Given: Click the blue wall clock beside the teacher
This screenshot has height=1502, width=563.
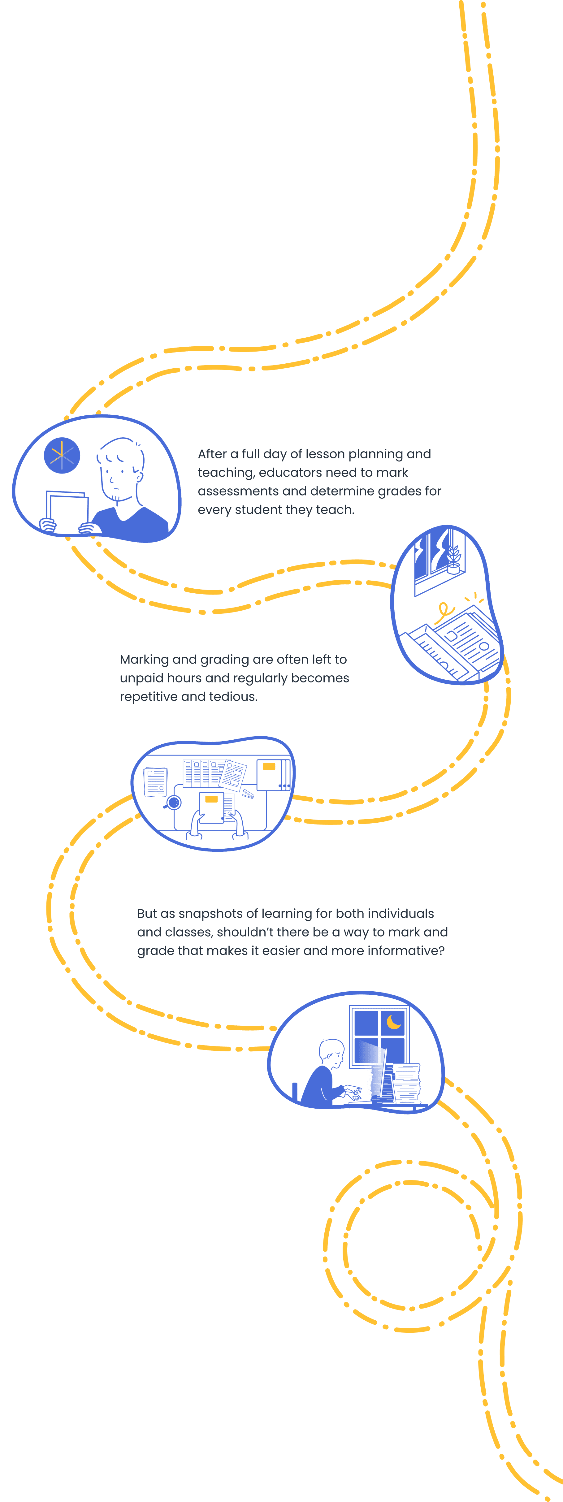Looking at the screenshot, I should point(62,455).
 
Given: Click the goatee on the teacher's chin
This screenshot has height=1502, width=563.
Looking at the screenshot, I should point(117,499).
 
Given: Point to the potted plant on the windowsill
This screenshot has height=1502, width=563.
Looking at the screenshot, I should point(453,560).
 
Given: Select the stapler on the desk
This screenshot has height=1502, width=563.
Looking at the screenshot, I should point(248,794).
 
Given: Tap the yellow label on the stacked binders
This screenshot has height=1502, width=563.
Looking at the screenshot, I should point(269,767).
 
